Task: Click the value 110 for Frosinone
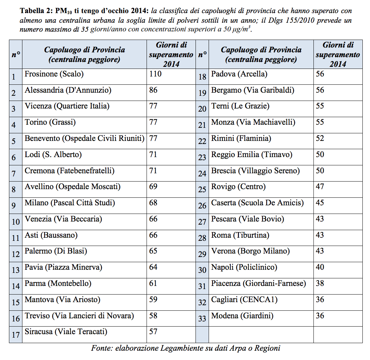tap(155, 74)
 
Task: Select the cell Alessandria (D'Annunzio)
tap(68, 90)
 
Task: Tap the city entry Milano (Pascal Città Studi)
tap(70, 203)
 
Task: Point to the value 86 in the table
tap(153, 90)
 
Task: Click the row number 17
tap(16, 335)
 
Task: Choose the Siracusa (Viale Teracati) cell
tap(66, 332)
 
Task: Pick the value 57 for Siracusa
tap(153, 332)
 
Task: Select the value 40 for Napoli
tap(320, 267)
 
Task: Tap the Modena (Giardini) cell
tap(242, 316)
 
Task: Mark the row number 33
tap(202, 319)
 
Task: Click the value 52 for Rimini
tap(320, 138)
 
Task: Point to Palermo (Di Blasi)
tap(56, 251)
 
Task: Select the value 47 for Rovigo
tap(320, 186)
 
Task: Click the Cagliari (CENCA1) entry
tap(244, 299)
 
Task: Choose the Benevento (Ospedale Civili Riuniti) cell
tap(84, 138)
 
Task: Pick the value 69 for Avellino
tap(153, 186)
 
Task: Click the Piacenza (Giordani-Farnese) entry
tap(258, 284)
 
